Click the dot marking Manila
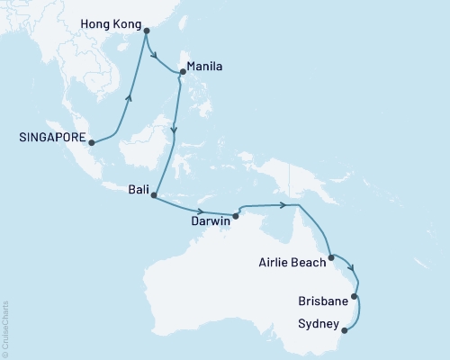pos(183,71)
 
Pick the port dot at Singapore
pos(91,141)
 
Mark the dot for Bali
pos(154,194)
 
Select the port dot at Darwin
pos(236,215)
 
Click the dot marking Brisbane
pos(355,296)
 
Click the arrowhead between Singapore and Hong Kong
pos(130,98)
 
